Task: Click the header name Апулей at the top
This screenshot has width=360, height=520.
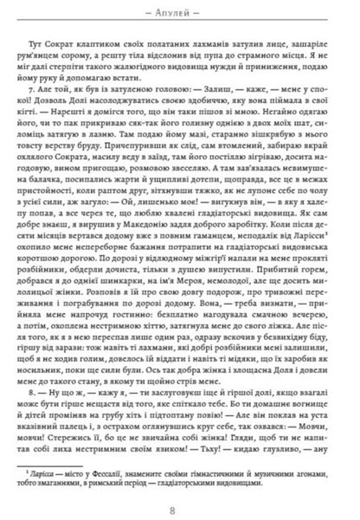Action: point(180,15)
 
